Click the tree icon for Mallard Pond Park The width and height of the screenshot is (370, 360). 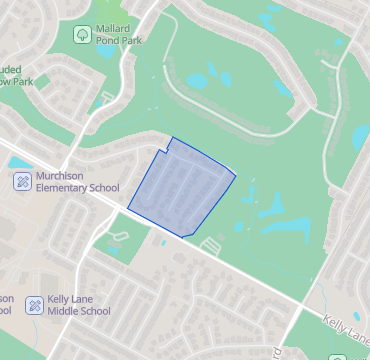82,35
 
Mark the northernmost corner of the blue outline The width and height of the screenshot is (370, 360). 173,138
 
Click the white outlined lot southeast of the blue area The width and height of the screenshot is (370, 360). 210,244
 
